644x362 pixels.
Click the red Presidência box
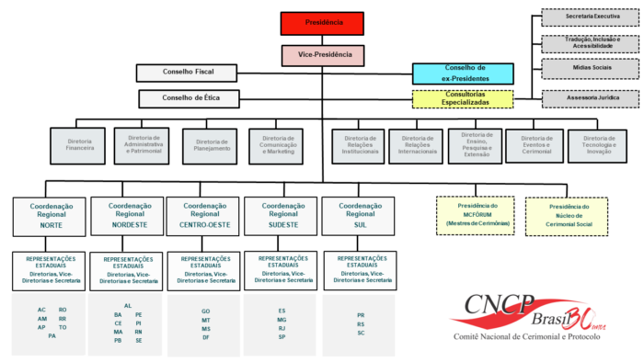coord(323,21)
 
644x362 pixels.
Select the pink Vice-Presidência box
coord(323,55)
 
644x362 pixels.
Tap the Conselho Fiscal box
coord(187,73)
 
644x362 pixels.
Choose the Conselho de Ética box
coord(188,97)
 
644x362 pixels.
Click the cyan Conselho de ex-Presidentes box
coord(463,74)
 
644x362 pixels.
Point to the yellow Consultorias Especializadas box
coord(463,98)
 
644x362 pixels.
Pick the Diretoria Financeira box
coord(79,144)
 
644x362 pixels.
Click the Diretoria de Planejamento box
coord(211,144)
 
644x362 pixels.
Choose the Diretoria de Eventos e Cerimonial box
coord(535,144)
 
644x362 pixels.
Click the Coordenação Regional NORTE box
coord(50,216)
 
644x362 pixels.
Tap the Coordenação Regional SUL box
coord(360,216)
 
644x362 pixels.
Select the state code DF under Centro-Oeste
coord(205,337)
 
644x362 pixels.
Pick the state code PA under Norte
coord(52,336)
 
